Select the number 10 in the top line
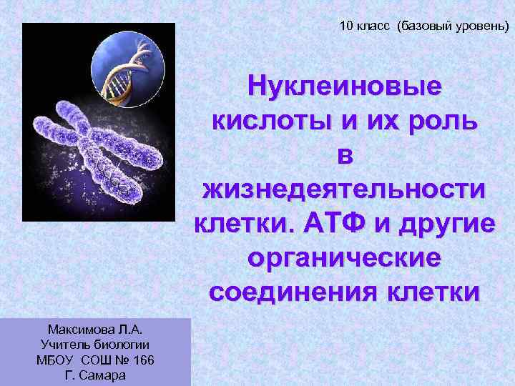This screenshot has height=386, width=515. coord(346,27)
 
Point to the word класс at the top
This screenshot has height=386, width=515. coord(374,27)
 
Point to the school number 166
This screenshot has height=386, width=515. coord(144,360)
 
